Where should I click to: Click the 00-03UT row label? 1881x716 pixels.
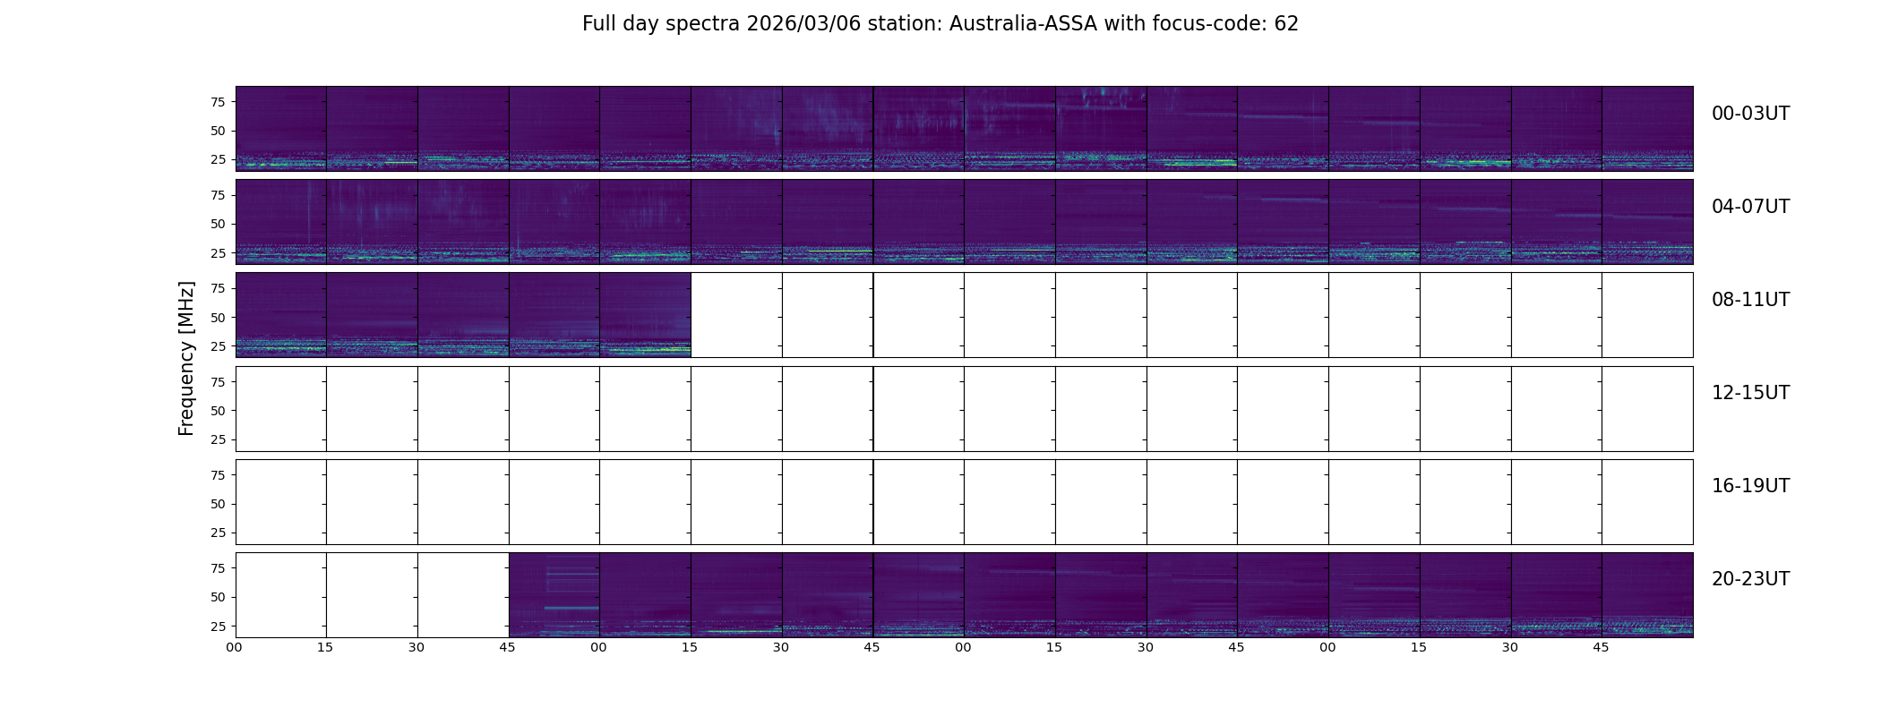tap(1750, 114)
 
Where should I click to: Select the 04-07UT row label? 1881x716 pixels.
tap(1750, 207)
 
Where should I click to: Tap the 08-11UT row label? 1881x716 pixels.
tap(1750, 300)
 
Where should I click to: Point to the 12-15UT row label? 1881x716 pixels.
tap(1750, 393)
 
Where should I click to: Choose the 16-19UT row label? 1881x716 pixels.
tap(1750, 486)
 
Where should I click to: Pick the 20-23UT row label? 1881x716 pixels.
tap(1750, 579)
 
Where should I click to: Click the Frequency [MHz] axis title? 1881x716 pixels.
tap(186, 358)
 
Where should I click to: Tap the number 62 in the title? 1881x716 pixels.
tap(1286, 24)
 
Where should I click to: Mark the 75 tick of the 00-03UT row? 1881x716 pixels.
tap(218, 102)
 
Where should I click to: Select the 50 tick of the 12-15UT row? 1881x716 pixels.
tap(218, 411)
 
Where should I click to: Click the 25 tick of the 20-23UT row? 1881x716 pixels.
tap(218, 626)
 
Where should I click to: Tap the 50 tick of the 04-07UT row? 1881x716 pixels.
tap(218, 225)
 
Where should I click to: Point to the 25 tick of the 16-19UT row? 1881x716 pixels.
tap(218, 533)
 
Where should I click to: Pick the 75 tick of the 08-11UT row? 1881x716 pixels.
tap(218, 288)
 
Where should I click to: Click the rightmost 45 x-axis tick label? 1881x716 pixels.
tap(1601, 648)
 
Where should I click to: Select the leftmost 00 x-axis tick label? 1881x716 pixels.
tap(234, 648)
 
